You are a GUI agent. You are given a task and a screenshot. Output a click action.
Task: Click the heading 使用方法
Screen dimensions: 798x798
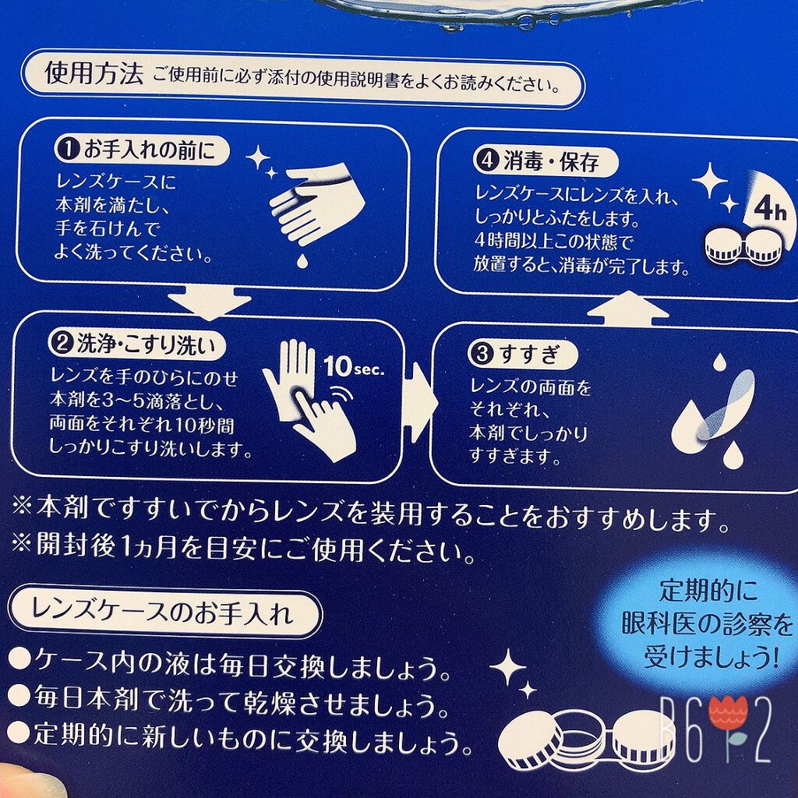click(x=94, y=74)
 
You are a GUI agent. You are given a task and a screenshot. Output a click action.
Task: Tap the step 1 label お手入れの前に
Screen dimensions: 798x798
click(x=150, y=150)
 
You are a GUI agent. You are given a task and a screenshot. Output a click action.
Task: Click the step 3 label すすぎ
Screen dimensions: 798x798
click(x=529, y=354)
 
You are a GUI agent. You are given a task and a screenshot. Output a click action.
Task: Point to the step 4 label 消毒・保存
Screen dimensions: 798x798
click(x=552, y=161)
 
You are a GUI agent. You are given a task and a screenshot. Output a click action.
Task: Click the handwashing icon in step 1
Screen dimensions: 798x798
click(x=316, y=203)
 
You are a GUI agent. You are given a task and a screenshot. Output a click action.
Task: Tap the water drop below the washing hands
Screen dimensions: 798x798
click(x=302, y=260)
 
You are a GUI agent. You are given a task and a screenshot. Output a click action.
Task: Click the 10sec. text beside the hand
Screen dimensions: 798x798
click(x=354, y=366)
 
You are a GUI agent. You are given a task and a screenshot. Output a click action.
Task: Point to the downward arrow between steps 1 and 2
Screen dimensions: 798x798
click(x=209, y=302)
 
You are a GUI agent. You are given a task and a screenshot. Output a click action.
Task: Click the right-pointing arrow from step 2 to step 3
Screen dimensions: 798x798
click(x=422, y=402)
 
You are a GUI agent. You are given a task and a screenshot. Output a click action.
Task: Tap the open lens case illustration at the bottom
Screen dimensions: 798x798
click(x=585, y=739)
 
